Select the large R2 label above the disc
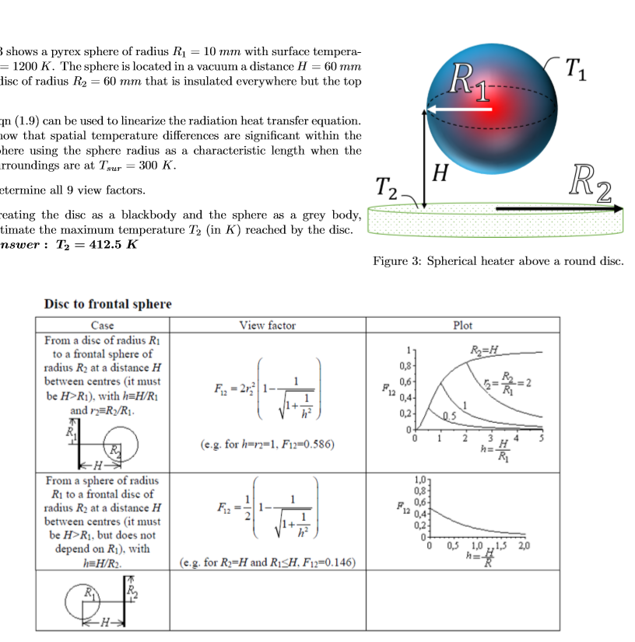click(589, 183)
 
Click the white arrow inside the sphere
click(459, 110)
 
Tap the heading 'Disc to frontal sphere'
click(107, 304)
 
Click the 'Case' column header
click(103, 325)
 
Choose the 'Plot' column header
click(462, 325)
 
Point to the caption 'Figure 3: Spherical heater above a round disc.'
click(498, 261)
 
